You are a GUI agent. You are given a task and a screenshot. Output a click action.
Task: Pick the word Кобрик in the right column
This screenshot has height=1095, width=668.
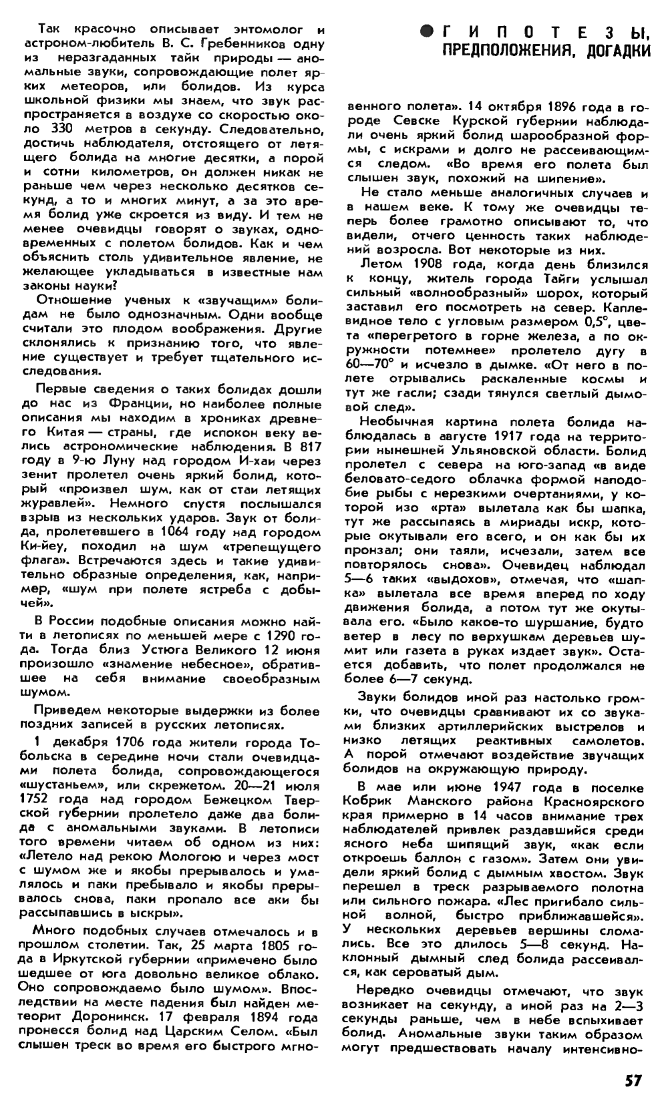(366, 801)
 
